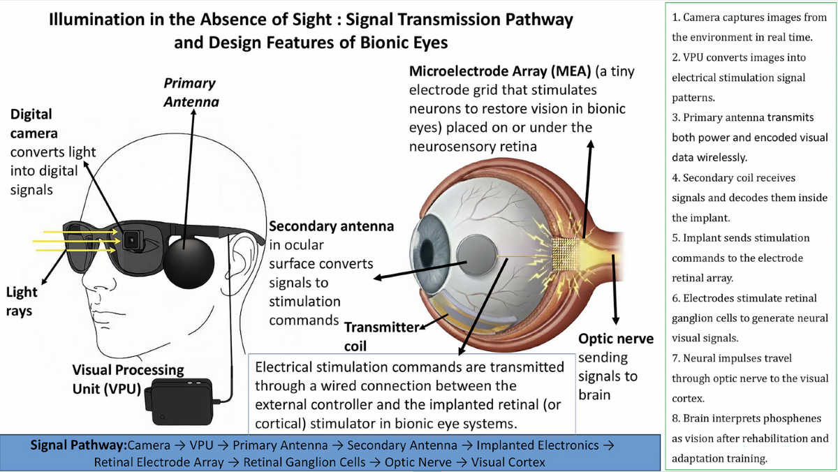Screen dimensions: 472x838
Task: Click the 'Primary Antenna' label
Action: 191,92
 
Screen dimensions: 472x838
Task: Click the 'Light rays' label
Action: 22,302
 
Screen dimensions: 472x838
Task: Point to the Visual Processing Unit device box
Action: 182,401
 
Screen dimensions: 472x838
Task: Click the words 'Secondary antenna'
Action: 331,227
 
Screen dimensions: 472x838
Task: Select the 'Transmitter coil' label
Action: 381,335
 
